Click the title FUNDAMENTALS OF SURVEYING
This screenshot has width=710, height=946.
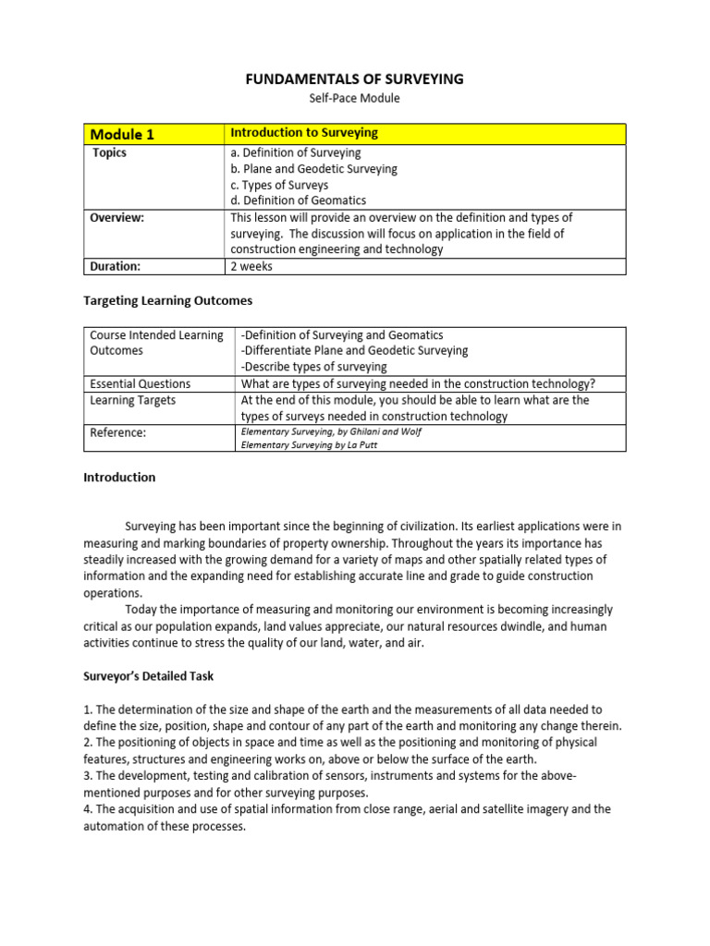354,79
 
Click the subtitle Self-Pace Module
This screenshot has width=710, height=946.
354,98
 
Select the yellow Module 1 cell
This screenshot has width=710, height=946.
154,134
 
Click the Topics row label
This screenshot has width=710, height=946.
110,153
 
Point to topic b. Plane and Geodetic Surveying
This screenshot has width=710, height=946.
313,169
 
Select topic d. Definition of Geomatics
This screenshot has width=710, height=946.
298,200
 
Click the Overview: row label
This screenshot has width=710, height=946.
117,218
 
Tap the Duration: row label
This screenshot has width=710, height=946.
116,266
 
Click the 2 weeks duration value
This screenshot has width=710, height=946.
251,266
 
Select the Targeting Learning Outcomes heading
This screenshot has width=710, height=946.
168,301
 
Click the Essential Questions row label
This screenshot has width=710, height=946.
140,383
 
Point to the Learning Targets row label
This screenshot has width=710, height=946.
132,401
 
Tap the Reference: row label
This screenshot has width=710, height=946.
117,432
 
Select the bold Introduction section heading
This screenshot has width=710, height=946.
119,478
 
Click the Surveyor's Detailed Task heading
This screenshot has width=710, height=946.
148,676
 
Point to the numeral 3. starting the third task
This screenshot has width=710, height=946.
89,776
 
